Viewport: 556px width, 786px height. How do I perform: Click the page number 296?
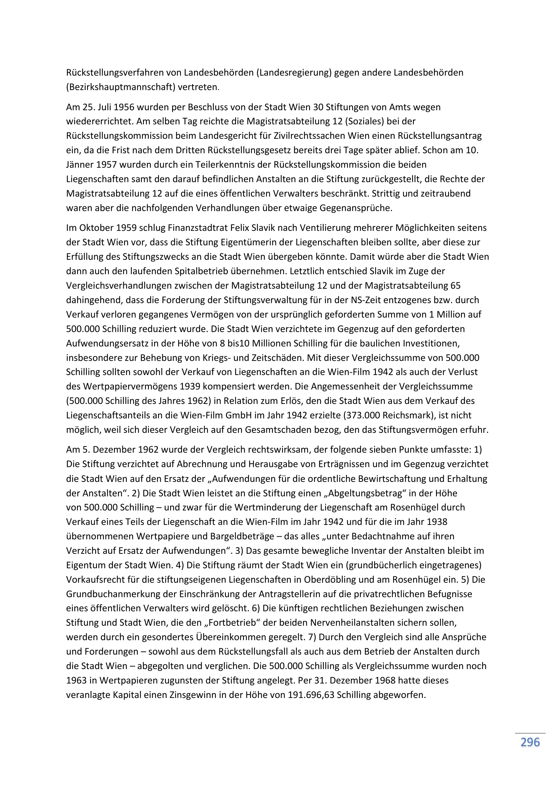(x=530, y=742)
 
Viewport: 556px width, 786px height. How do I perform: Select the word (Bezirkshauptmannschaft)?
(x=121, y=87)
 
